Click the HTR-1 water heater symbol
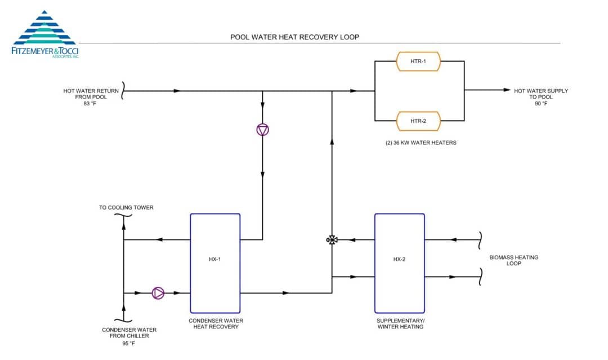coord(418,61)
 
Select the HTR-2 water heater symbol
coord(418,121)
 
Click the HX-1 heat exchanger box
coord(215,263)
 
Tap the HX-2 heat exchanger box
coord(400,263)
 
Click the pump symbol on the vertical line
coord(263,130)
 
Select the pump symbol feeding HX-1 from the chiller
coord(158,293)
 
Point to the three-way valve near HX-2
coord(332,240)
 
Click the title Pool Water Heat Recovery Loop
coord(294,37)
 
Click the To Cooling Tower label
coord(126,207)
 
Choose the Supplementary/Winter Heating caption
coord(400,323)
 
